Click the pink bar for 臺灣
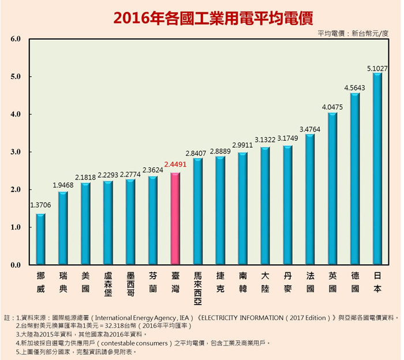tap(175, 218)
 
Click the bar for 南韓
tap(242, 208)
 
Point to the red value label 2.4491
tap(175, 164)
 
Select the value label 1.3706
tap(40, 205)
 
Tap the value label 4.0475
tap(332, 107)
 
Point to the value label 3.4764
tap(310, 129)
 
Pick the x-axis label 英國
tap(332, 282)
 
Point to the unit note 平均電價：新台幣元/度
tap(353, 33)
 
